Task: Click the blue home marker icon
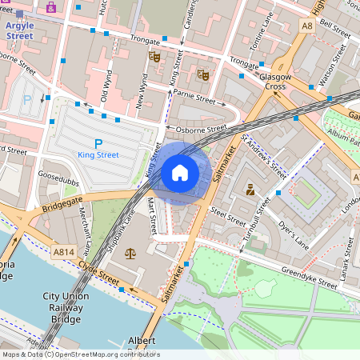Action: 180,173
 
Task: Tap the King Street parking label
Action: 99,154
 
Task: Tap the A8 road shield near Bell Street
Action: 307,26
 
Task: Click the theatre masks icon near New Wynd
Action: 154,57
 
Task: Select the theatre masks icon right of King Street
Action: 203,74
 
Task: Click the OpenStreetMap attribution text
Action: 80,354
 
